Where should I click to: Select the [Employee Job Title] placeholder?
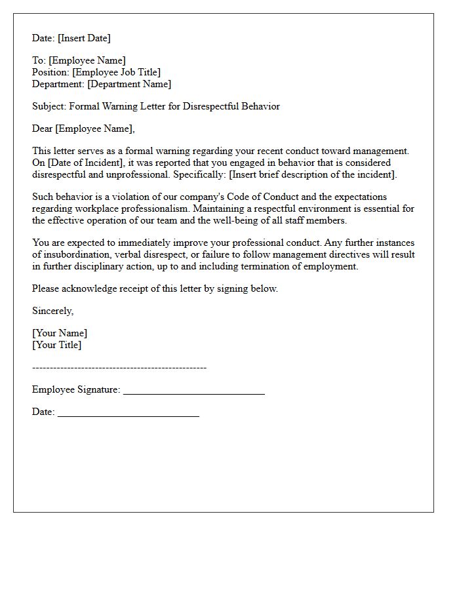(x=116, y=72)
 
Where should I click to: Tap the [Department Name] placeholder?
(x=129, y=84)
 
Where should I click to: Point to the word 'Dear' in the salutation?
(x=42, y=128)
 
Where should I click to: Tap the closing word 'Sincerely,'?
(x=52, y=311)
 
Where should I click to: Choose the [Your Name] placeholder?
(x=60, y=333)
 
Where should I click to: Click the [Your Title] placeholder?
(x=57, y=345)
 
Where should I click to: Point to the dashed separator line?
(x=119, y=367)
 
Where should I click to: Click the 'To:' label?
(x=39, y=60)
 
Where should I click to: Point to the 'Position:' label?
(x=50, y=72)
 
